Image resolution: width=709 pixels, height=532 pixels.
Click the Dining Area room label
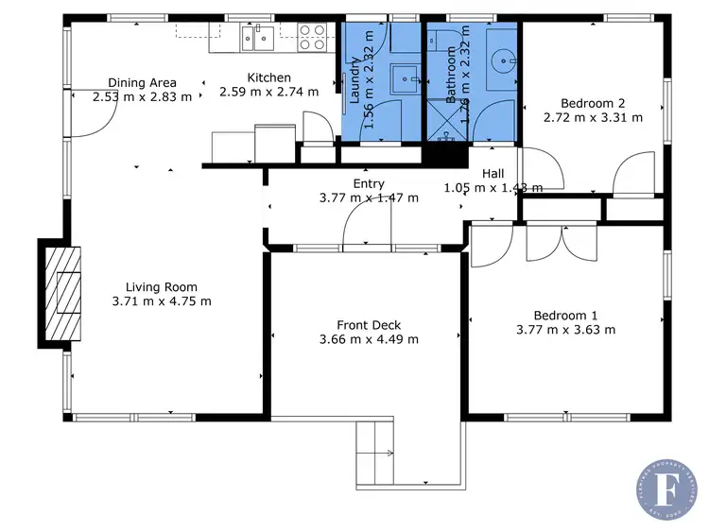click(142, 83)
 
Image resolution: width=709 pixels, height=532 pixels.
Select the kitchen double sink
click(257, 38)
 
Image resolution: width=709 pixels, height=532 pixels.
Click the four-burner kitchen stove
click(313, 38)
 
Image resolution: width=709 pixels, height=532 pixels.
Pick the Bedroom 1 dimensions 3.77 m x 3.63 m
click(565, 330)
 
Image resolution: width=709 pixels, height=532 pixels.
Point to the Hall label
click(493, 174)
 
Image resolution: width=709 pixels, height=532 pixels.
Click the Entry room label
click(369, 184)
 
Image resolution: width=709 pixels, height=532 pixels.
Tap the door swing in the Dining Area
click(95, 113)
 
